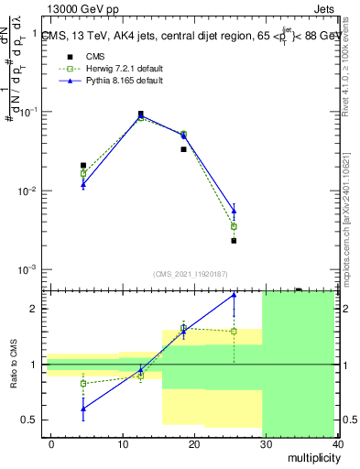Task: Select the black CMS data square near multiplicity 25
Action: tap(234, 241)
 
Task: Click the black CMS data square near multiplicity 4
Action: tap(83, 166)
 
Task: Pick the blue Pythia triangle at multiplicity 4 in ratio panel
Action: tap(83, 409)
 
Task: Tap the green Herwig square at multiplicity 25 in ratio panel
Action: tap(234, 332)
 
